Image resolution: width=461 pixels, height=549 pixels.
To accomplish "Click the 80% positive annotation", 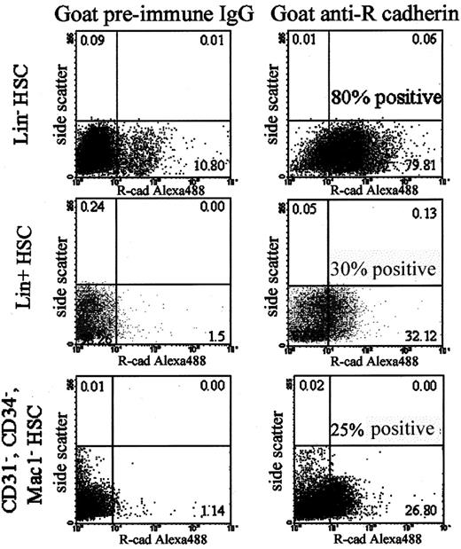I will [385, 98].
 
